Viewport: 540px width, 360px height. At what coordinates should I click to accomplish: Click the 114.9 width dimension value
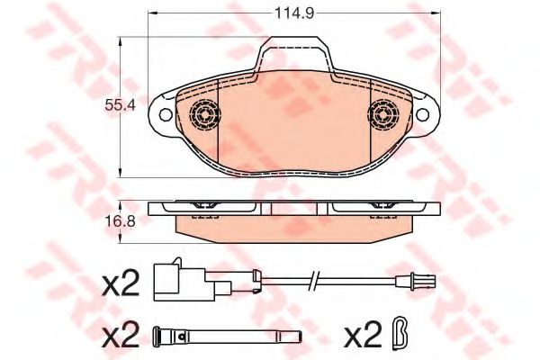click(x=292, y=13)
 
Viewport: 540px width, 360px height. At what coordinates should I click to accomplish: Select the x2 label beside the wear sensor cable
click(x=121, y=285)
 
